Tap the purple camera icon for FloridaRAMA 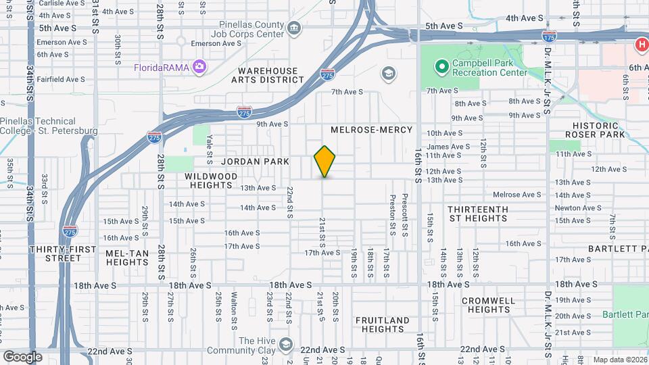199,66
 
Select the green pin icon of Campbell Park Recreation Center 441,66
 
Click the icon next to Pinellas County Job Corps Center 294,28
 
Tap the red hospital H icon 640,45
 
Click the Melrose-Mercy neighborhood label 371,129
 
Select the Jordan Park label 255,162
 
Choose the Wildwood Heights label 211,180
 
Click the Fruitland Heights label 382,324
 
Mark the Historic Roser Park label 595,130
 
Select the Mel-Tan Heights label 126,258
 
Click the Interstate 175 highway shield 550,32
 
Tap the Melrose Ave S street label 516,195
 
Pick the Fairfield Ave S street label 62,79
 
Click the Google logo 22,356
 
